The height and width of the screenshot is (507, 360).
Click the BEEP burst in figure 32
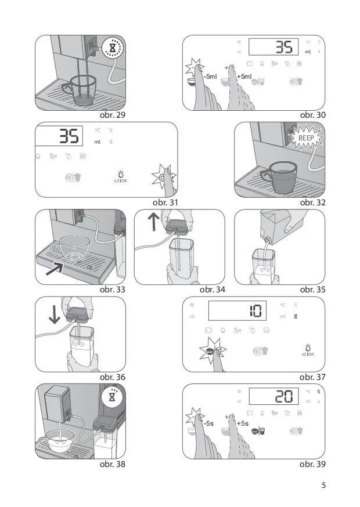pyautogui.click(x=306, y=138)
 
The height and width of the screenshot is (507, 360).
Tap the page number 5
pyautogui.click(x=323, y=485)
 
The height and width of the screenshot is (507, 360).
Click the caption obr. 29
pyautogui.click(x=112, y=115)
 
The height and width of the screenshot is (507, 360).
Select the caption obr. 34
pyautogui.click(x=212, y=289)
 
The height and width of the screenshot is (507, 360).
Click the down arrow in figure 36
pyautogui.click(x=55, y=314)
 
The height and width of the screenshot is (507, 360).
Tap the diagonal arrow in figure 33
pyautogui.click(x=55, y=269)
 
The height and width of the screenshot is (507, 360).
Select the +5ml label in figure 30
pyautogui.click(x=244, y=77)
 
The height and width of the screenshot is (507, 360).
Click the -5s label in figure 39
pyautogui.click(x=208, y=423)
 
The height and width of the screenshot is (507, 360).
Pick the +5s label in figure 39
pyautogui.click(x=243, y=423)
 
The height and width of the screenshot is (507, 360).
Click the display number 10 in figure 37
pyautogui.click(x=256, y=311)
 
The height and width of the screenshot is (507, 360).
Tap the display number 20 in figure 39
pyautogui.click(x=283, y=396)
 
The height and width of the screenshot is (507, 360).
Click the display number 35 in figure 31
pyautogui.click(x=69, y=136)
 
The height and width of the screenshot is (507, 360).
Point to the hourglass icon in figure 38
pyautogui.click(x=112, y=397)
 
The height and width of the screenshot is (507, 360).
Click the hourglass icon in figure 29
pyautogui.click(x=112, y=49)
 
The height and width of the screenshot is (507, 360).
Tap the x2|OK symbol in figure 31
pyautogui.click(x=120, y=177)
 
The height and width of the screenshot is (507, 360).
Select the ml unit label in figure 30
pyautogui.click(x=308, y=52)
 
